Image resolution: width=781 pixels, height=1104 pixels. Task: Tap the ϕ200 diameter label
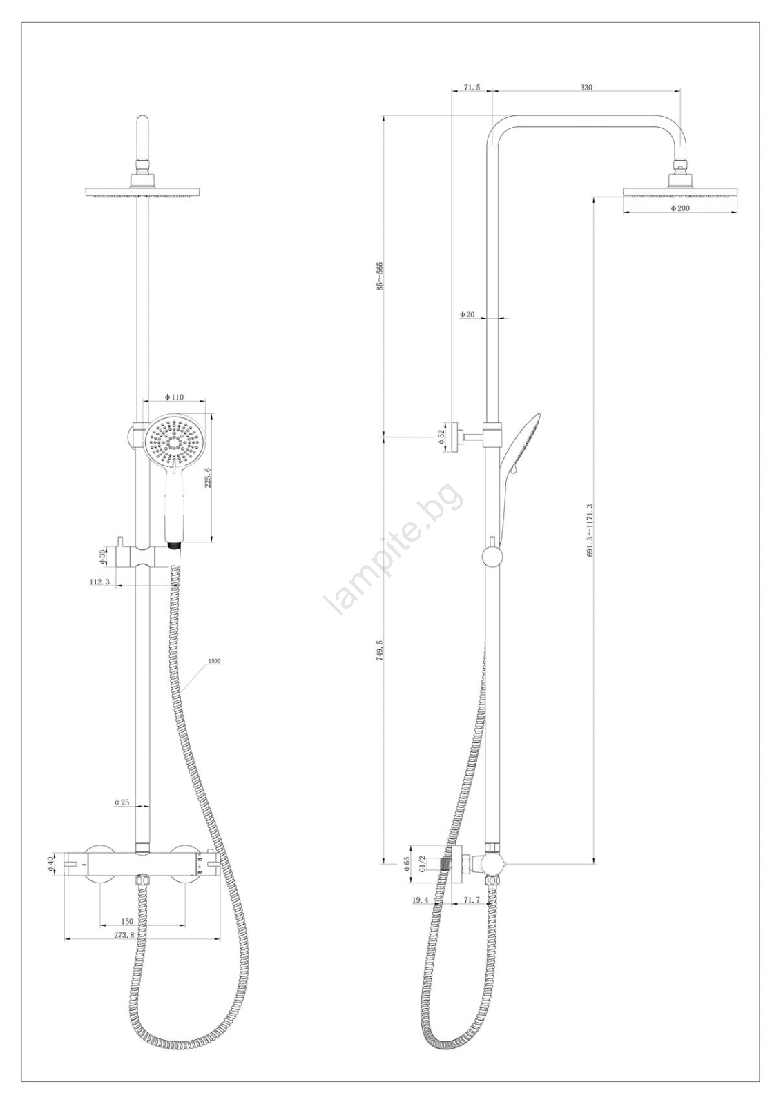[x=680, y=208]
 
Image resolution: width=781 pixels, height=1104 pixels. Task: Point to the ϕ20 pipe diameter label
[x=467, y=314]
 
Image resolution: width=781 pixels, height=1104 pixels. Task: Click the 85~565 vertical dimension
[x=379, y=276]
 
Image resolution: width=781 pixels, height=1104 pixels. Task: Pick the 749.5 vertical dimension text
[x=379, y=651]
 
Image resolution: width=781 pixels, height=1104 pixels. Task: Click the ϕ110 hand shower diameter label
[x=174, y=397]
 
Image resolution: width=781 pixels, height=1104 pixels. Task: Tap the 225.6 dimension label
[x=208, y=477]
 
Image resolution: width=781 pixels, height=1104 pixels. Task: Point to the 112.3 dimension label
[x=99, y=582]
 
